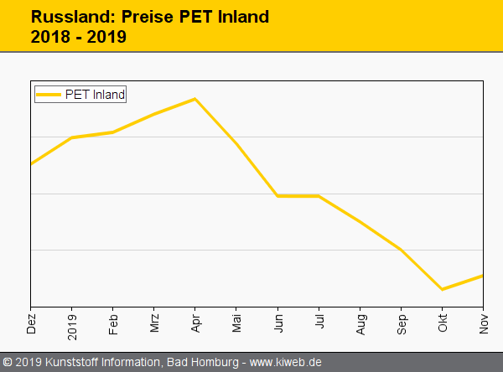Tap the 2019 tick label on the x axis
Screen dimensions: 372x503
72,322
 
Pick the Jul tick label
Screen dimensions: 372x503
319,323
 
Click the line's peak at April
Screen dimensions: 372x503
194,99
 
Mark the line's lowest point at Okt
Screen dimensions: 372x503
442,290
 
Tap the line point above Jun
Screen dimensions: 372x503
277,196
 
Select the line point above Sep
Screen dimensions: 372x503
401,250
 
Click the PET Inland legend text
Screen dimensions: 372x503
95,95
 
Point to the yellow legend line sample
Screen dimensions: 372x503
49,95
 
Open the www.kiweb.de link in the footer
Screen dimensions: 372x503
286,362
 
